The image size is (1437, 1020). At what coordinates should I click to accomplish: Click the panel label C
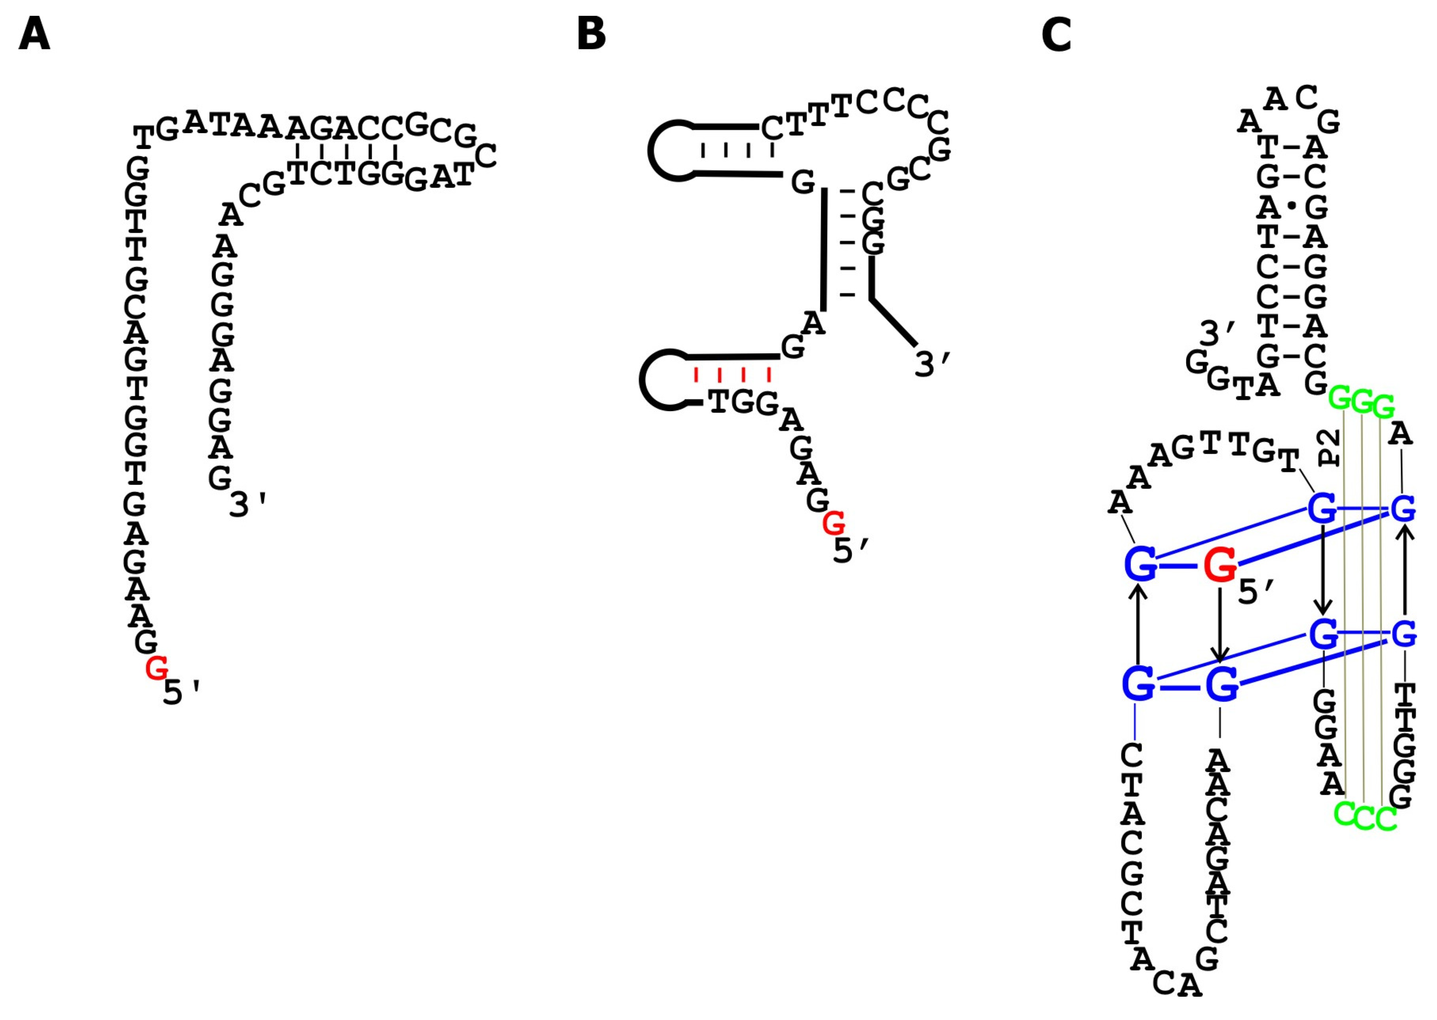(1056, 35)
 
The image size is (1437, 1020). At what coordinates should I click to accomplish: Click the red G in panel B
(834, 523)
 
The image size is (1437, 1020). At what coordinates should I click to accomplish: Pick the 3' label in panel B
(933, 364)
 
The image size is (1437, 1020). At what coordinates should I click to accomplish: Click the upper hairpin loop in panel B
(669, 151)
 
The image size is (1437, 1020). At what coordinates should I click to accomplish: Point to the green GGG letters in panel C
(1362, 402)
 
